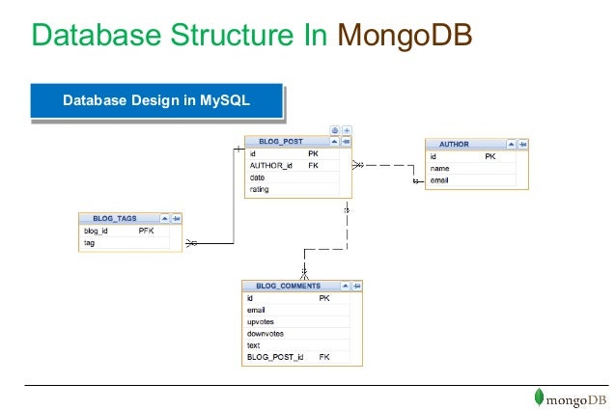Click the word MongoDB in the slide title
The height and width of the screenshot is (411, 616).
coord(406,36)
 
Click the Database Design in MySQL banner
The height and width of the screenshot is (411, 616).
coord(155,101)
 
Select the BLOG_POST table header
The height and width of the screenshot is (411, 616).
coord(280,141)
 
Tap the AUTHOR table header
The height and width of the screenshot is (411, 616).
coord(454,144)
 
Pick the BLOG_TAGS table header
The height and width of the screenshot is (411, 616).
coord(114,219)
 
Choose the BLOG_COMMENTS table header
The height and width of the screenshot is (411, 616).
coord(288,286)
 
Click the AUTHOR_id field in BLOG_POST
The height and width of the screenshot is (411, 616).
coord(270,165)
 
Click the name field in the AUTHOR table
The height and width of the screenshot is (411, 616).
coord(439,168)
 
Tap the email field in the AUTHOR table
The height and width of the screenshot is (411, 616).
coord(439,179)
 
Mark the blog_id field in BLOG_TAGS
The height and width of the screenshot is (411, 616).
coord(96,232)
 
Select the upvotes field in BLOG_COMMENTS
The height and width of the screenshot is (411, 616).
coord(261,321)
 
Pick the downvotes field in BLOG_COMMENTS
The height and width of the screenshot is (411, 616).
coord(265,334)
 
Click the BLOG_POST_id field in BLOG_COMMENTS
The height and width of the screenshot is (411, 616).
coord(275,357)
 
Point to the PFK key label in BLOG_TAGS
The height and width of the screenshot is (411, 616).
coord(146,232)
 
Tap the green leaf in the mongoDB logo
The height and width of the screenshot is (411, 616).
coord(540,397)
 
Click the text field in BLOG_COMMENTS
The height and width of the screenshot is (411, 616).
coord(254,345)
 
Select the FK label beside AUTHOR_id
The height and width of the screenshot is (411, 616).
coord(313,165)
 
